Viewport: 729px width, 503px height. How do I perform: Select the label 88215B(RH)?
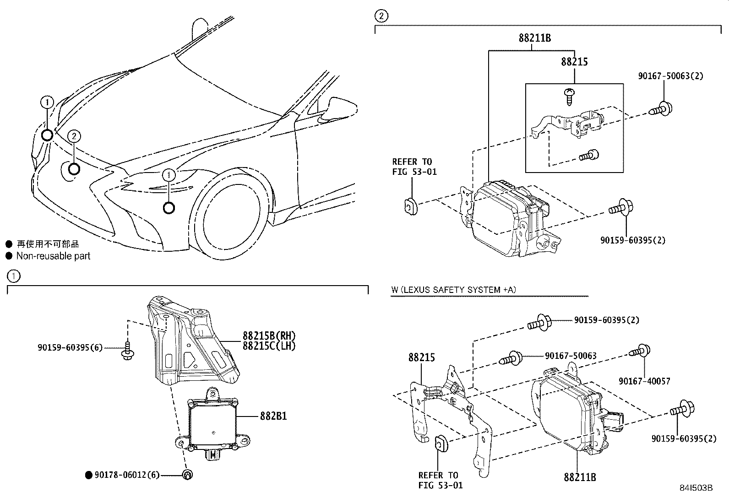[269, 337]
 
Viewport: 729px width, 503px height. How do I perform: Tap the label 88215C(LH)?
[269, 346]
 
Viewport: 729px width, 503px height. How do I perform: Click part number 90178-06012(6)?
[127, 475]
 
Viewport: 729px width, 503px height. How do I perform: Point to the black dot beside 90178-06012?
[89, 476]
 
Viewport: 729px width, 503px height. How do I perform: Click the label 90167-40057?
[644, 381]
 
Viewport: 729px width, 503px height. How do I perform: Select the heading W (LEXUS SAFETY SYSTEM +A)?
[453, 290]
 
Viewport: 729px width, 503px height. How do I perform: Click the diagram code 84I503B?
[696, 488]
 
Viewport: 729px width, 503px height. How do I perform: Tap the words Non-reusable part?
[53, 256]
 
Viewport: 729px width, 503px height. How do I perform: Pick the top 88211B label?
[535, 38]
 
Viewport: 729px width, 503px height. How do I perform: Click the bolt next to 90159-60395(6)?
[127, 351]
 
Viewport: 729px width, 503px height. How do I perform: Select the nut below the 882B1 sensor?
[187, 475]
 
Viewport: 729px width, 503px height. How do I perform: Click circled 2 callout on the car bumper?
[74, 136]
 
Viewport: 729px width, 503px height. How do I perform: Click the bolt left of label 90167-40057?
[639, 352]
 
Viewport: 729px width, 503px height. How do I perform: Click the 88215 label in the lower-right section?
[422, 357]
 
